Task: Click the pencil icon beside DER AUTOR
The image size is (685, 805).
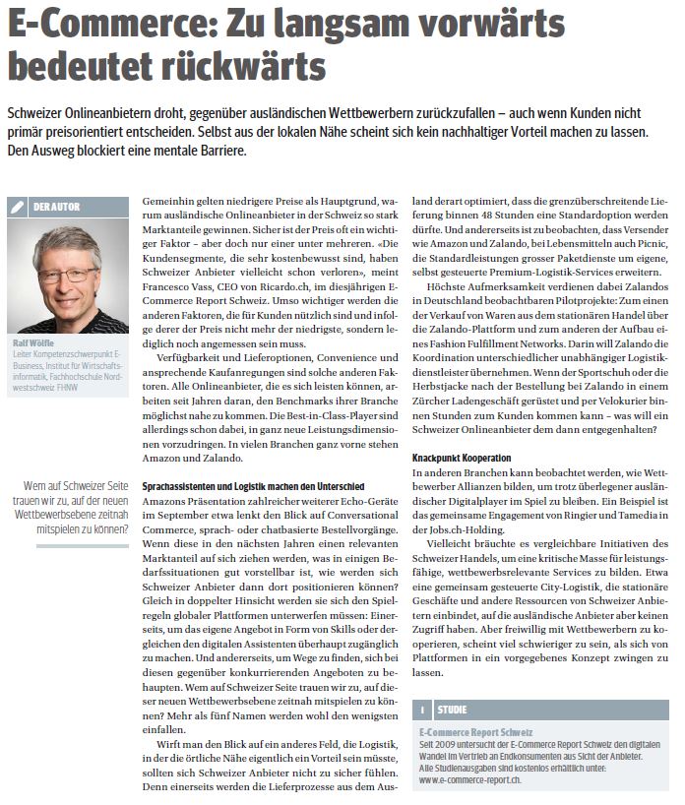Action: click(17, 207)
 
